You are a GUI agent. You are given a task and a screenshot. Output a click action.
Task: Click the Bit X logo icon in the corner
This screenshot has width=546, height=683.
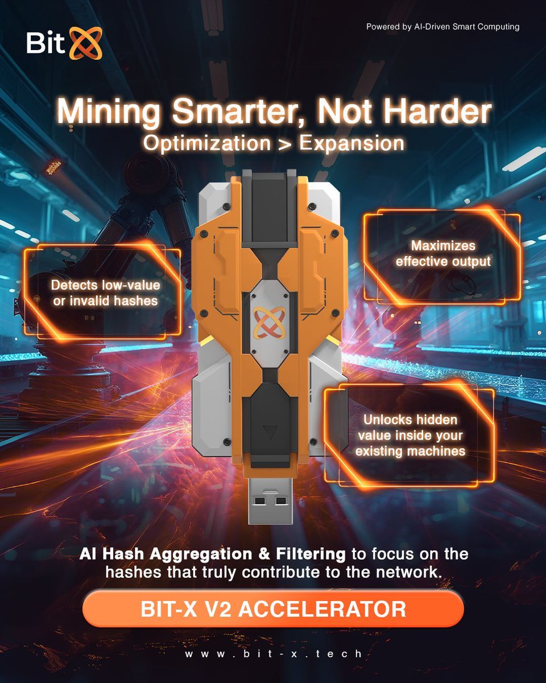85,43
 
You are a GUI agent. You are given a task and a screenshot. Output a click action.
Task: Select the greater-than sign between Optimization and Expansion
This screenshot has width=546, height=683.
285,143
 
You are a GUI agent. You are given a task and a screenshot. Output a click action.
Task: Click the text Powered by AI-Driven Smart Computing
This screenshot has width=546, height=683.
442,26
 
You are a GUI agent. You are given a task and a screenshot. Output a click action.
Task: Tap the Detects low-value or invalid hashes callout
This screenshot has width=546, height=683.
105,293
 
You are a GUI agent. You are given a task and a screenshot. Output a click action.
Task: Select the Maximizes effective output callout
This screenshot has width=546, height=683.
443,254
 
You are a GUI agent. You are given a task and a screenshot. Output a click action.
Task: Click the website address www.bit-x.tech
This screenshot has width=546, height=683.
273,654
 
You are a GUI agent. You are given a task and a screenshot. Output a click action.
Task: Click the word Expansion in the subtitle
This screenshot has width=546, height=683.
351,143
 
